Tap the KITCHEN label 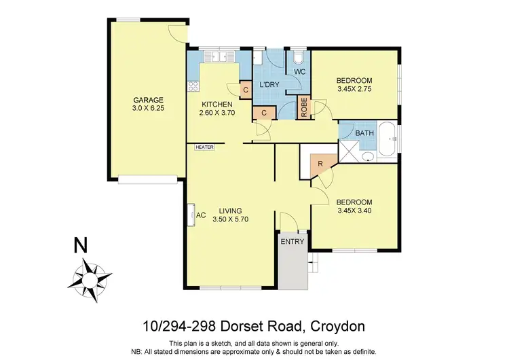pos(217,104)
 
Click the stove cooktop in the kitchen pos(193,86)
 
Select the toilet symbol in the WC pos(299,56)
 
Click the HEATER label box pos(204,147)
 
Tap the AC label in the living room pos(200,215)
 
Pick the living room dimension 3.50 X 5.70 pos(232,219)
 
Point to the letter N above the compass pos(81,246)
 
